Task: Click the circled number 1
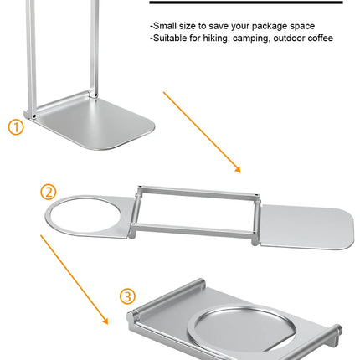(16, 127)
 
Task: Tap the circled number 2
(49, 191)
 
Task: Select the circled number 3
(126, 296)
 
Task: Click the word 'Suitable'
(171, 38)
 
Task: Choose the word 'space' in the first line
(297, 26)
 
